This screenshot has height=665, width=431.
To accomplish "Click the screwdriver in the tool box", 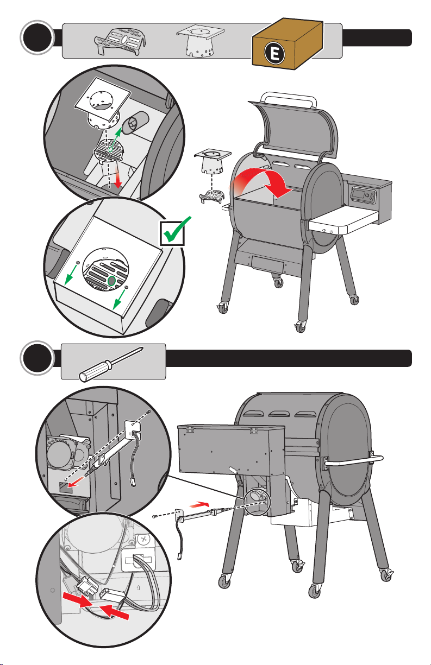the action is (111, 362).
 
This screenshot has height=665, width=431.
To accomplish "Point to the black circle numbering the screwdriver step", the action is (35, 359).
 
